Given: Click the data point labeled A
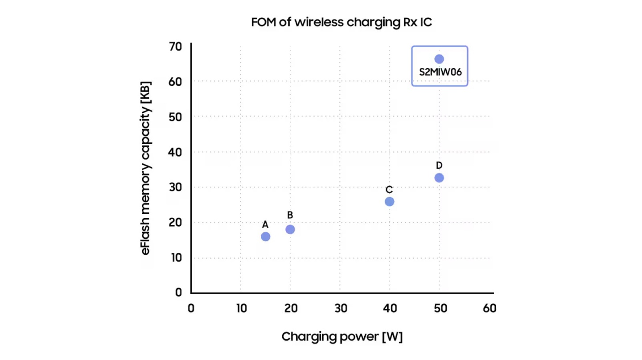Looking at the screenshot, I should pyautogui.click(x=265, y=236).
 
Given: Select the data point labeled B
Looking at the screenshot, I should pyautogui.click(x=290, y=229).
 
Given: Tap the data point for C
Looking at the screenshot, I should pyautogui.click(x=389, y=201).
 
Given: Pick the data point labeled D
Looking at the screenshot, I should pyautogui.click(x=439, y=178).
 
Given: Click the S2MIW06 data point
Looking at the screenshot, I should pyautogui.click(x=439, y=59).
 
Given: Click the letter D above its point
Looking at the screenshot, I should pyautogui.click(x=439, y=166).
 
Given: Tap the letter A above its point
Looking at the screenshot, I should pyautogui.click(x=265, y=224).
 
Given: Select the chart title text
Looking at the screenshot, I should pyautogui.click(x=341, y=23).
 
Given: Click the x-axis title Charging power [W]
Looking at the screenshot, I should pyautogui.click(x=342, y=337).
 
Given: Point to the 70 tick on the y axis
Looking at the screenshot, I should pyautogui.click(x=175, y=46).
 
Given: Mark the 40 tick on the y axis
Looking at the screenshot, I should pyautogui.click(x=175, y=152).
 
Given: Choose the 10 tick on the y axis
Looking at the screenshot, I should pyautogui.click(x=175, y=258).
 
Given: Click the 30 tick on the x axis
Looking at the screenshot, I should pyautogui.click(x=340, y=308).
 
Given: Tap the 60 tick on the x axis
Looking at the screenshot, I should pyautogui.click(x=489, y=308).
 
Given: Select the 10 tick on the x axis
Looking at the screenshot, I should pyautogui.click(x=241, y=308).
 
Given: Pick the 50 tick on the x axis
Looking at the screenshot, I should pyautogui.click(x=440, y=308).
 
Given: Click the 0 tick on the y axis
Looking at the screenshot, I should pyautogui.click(x=178, y=292).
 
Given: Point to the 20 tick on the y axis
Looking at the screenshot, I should pyautogui.click(x=175, y=223).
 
